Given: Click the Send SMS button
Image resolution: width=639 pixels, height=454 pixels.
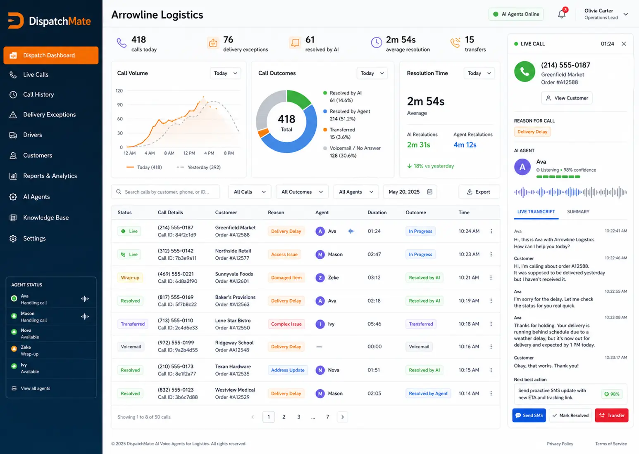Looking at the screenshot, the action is coord(529,415).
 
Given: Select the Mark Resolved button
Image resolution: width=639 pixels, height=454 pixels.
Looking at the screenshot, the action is coord(570,415).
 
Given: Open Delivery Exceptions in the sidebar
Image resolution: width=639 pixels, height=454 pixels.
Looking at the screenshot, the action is coord(49,114).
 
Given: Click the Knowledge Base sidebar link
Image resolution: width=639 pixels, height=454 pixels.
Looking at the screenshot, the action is coord(46,218).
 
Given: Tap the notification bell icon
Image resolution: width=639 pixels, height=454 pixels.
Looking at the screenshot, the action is coord(562,14).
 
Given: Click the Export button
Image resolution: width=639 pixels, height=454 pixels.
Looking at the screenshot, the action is coord(479,192).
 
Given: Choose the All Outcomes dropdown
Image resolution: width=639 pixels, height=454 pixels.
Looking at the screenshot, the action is coord(302,192).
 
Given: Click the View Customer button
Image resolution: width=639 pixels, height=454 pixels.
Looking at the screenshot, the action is coord(567,98).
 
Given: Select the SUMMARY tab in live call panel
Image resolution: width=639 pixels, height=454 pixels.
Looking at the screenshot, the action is coord(578,212).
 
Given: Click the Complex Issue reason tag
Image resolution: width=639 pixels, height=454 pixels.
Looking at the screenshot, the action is coord(286,324).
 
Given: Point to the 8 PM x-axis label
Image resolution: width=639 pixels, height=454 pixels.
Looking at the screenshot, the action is coord(229,153).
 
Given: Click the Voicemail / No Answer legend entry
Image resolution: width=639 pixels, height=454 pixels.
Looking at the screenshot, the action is coord(352,152).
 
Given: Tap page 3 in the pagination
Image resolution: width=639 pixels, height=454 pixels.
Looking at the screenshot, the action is coord(299,417).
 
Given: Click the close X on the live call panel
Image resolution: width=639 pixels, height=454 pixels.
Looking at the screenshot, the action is coord(624,44).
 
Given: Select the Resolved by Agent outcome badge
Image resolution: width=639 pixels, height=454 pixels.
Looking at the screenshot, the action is coord(428,393).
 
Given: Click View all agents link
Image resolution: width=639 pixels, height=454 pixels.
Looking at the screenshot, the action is coord(36,388).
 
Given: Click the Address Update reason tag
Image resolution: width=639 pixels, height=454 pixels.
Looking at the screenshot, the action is coord(288,370).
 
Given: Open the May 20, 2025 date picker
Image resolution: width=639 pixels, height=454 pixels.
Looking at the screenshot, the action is coord(410,192).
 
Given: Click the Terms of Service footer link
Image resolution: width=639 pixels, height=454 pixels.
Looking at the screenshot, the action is coord(611,444).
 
